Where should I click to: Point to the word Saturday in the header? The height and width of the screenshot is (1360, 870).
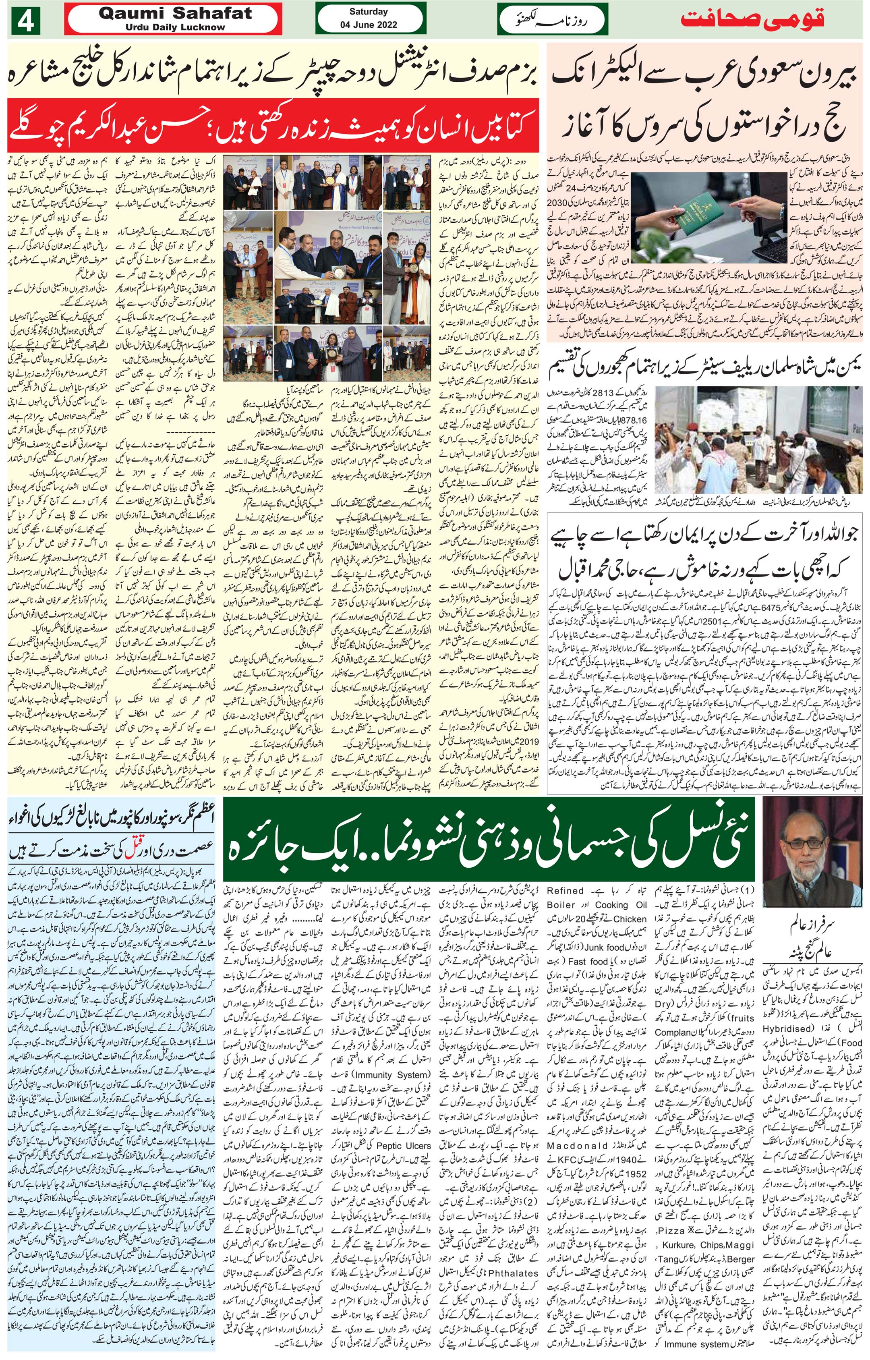pyautogui.click(x=368, y=12)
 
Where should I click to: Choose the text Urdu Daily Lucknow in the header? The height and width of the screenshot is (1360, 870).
pyautogui.click(x=175, y=27)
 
